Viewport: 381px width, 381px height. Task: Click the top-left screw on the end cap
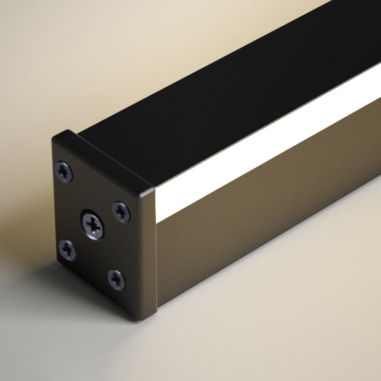click(64, 171)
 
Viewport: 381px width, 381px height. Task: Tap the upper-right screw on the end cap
click(121, 211)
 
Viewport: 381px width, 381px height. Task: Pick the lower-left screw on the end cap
click(68, 250)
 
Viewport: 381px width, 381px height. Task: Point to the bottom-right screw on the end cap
click(117, 280)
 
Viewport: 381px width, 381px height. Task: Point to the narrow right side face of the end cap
click(151, 252)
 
